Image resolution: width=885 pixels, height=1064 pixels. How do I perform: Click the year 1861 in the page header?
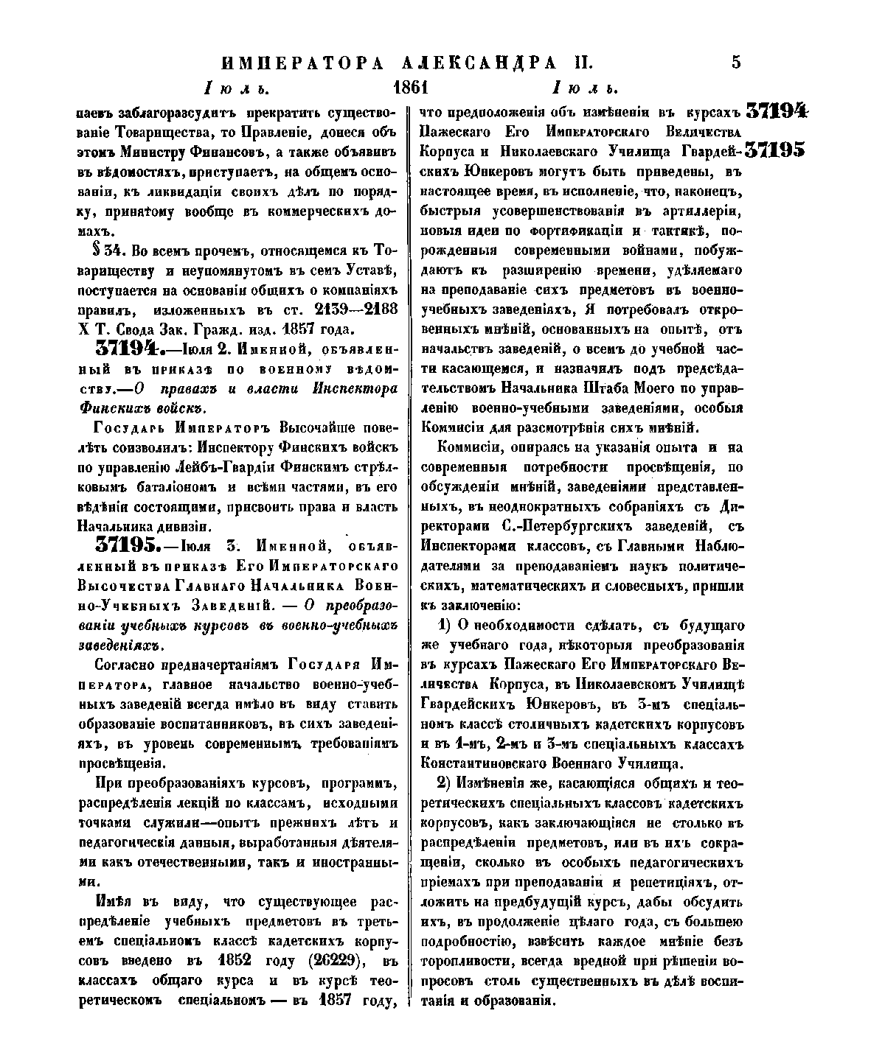pos(411,89)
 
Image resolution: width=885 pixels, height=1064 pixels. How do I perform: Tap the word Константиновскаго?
pos(489,763)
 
